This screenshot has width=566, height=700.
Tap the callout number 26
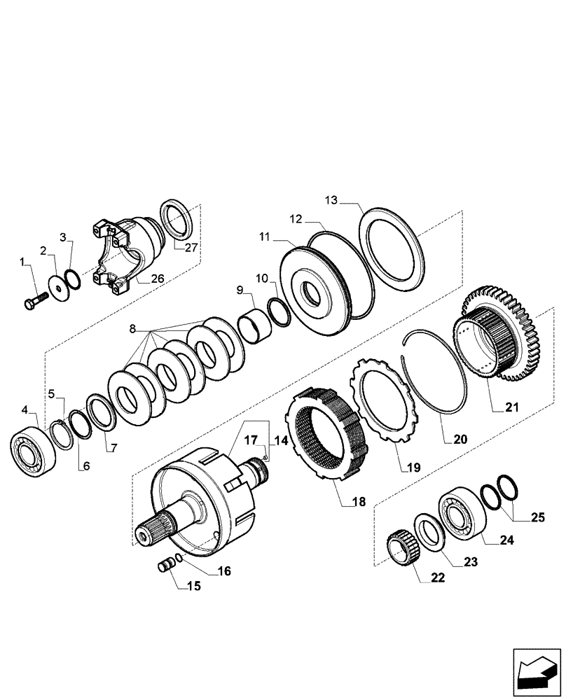tap(158, 279)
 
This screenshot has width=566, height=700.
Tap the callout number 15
tap(193, 586)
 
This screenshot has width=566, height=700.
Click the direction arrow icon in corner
tap(537, 671)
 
